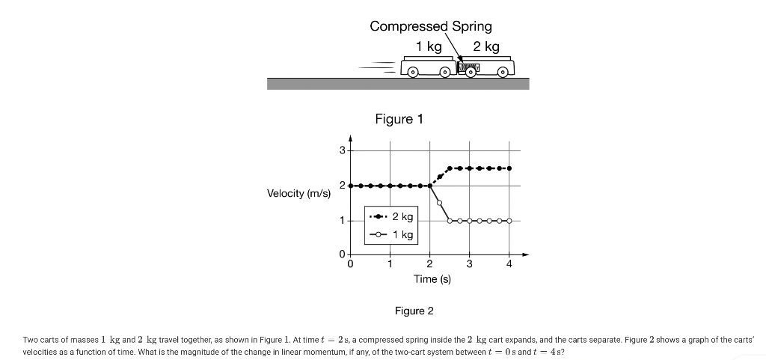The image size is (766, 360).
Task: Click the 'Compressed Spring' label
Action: click(431, 26)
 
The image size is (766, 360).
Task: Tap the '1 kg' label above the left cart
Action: click(429, 46)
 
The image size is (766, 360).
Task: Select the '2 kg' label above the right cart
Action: click(486, 46)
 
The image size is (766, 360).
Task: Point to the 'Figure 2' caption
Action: click(414, 311)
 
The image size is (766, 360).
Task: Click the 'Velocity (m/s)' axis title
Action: click(298, 194)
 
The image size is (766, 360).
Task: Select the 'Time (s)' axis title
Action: click(432, 278)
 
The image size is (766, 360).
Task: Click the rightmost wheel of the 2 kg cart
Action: click(502, 73)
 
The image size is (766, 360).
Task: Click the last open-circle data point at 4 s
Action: click(509, 221)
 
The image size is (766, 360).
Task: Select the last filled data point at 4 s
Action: click(509, 168)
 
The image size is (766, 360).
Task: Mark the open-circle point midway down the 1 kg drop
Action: click(439, 203)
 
